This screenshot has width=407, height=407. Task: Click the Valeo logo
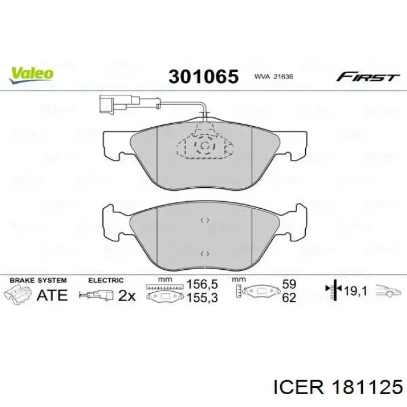coord(31,73)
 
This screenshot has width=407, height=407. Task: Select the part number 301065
coord(203,76)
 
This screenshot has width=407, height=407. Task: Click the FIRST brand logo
coord(367,77)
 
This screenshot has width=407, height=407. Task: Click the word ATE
coord(52,295)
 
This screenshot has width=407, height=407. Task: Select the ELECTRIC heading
coord(106,280)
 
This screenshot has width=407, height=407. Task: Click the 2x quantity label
coord(126,295)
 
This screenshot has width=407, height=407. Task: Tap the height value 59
coord(289,285)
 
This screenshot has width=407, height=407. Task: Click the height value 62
coord(289,298)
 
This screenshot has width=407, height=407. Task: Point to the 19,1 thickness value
coord(355,289)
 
